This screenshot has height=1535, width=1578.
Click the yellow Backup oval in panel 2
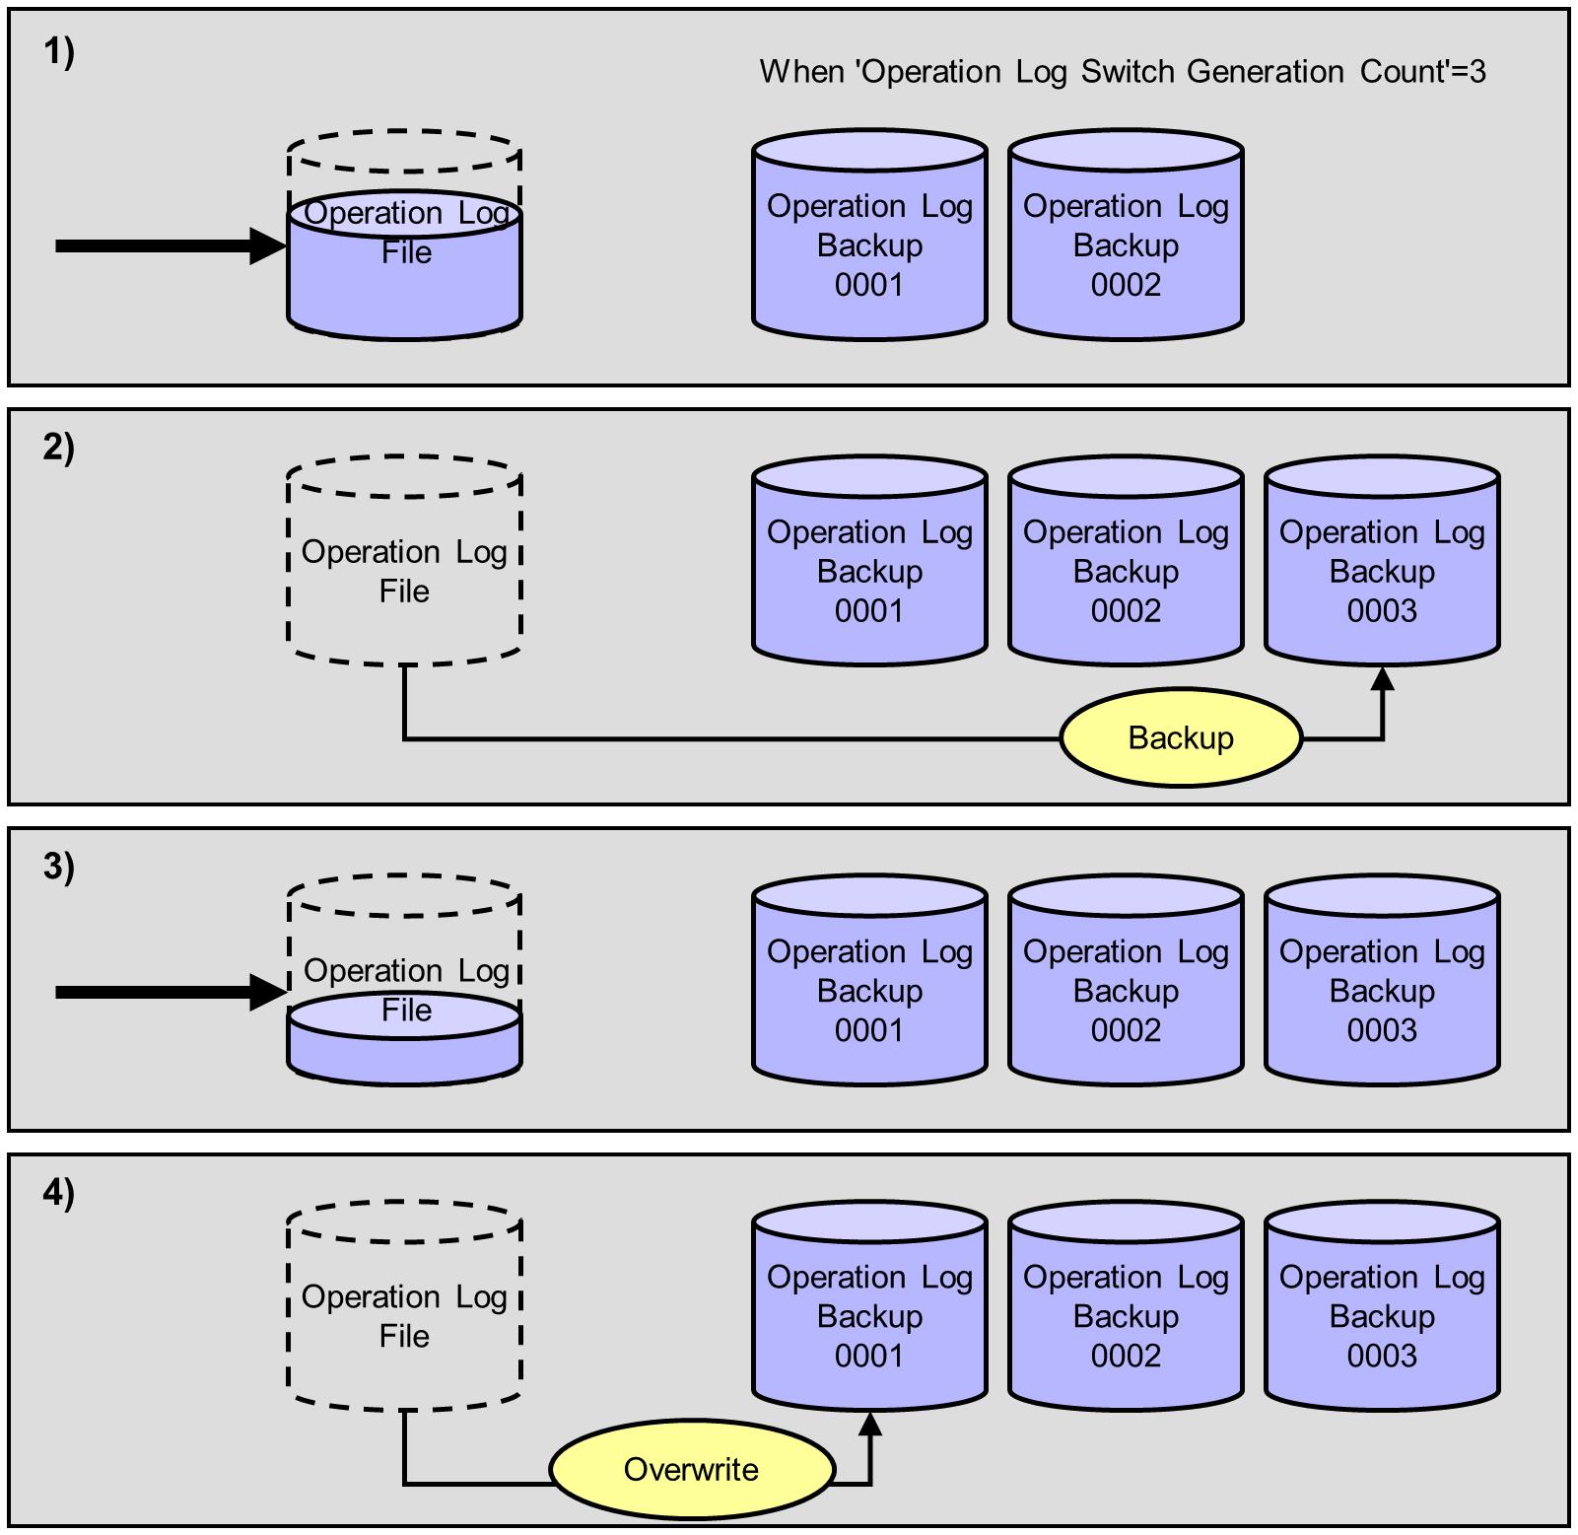click(1181, 737)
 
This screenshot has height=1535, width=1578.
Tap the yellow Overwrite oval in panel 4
click(691, 1469)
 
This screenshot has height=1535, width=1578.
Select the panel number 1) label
click(59, 52)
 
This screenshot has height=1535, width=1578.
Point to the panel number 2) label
click(59, 448)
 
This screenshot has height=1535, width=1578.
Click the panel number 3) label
click(59, 867)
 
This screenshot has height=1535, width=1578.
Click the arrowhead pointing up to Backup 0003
click(1383, 678)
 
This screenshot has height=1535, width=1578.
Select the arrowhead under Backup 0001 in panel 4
click(870, 1424)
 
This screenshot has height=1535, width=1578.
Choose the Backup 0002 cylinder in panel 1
click(1126, 237)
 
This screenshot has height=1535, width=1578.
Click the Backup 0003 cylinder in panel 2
click(1382, 562)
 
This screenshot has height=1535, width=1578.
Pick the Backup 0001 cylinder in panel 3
click(869, 982)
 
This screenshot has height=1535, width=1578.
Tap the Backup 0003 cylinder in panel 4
click(1382, 1307)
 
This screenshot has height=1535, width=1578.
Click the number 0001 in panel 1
click(869, 285)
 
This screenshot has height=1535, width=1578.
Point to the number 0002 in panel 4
click(1126, 1356)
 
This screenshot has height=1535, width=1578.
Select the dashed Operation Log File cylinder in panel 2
click(404, 562)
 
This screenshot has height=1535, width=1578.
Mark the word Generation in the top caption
click(1265, 72)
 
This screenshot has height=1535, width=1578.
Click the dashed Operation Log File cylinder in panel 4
click(404, 1307)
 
